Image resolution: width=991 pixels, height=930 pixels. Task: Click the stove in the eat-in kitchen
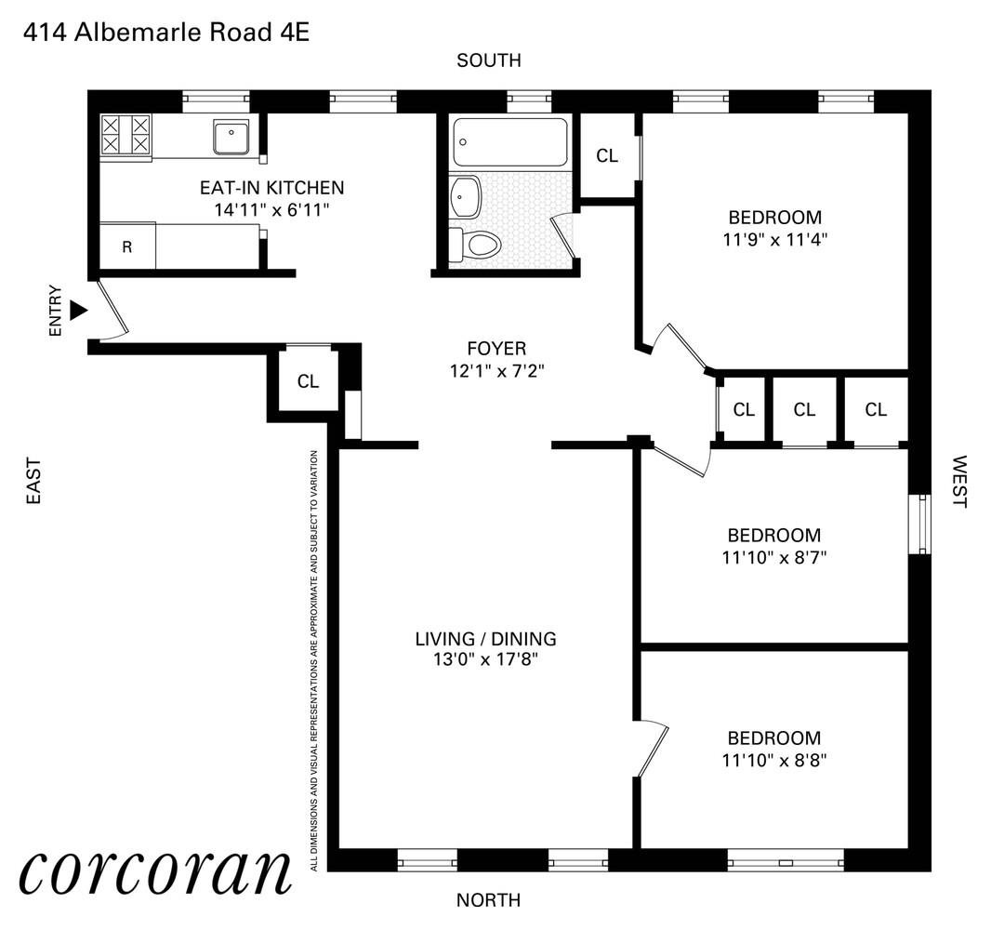click(125, 133)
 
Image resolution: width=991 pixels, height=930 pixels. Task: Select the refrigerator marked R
click(126, 246)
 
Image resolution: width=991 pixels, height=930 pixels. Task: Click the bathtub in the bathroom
click(510, 141)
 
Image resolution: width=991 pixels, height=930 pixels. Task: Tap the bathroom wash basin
click(465, 194)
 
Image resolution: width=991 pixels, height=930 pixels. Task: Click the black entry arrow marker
click(79, 310)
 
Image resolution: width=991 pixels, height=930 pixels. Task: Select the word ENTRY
click(56, 310)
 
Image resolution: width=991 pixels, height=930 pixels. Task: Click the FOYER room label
click(496, 349)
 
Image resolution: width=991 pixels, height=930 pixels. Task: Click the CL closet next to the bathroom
click(607, 156)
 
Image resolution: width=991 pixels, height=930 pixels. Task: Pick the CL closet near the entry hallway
click(308, 381)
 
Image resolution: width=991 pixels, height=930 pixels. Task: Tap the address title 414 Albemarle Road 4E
click(165, 33)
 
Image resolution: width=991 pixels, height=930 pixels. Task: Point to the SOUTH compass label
click(488, 60)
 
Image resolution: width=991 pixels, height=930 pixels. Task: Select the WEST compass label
click(959, 482)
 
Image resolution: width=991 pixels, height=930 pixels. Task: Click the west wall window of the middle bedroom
click(918, 524)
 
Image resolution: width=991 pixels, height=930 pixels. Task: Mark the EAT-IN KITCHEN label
click(271, 188)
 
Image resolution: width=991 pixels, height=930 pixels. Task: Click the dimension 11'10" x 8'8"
click(774, 759)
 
